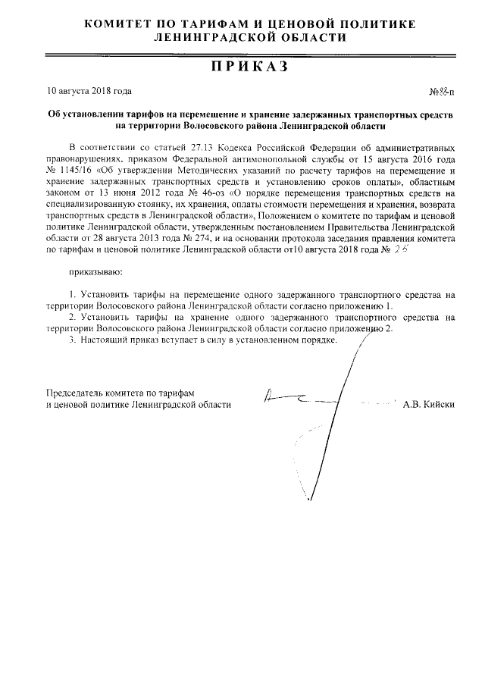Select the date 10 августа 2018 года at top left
89,91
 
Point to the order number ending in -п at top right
442,92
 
